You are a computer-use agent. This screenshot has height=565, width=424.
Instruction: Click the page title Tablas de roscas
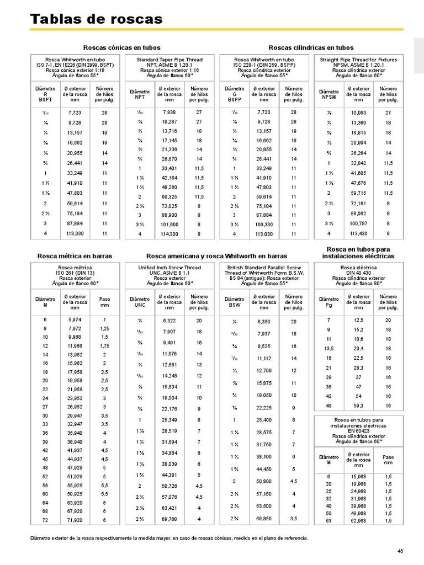pyautogui.click(x=96, y=19)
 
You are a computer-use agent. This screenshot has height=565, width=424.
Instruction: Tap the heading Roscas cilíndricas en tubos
pyautogui.click(x=311, y=48)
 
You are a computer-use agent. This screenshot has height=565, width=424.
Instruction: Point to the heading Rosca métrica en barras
pyautogui.click(x=75, y=256)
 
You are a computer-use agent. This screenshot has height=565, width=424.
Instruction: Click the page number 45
pyautogui.click(x=400, y=551)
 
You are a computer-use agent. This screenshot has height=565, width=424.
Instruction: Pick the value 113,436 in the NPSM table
pyautogui.click(x=359, y=234)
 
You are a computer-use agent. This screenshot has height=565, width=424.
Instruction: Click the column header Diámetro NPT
pyautogui.click(x=140, y=94)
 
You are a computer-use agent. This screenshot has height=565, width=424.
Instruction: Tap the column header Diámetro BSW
pyautogui.click(x=235, y=302)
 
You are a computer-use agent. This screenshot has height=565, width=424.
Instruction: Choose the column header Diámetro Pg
pyautogui.click(x=329, y=302)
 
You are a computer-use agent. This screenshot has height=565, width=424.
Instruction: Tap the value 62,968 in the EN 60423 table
pyautogui.click(x=358, y=520)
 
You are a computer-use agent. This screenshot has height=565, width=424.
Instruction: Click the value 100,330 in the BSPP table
pyautogui.click(x=264, y=225)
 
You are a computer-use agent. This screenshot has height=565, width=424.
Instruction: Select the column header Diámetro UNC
pyautogui.click(x=140, y=302)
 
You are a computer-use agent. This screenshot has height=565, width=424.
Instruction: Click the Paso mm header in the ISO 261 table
pyautogui.click(x=104, y=302)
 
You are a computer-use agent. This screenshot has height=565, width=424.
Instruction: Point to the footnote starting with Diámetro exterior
pyautogui.click(x=168, y=538)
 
